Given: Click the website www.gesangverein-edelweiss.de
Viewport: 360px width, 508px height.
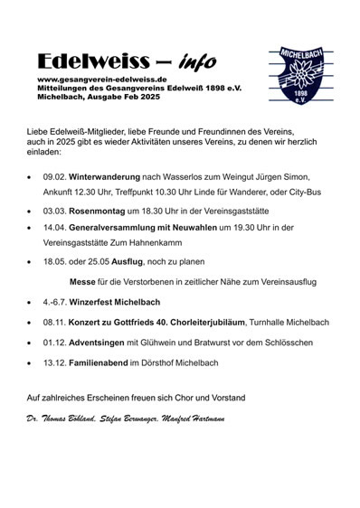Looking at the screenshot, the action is [95, 80].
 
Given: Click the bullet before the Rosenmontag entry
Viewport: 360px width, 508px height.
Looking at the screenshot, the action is [31, 211].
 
